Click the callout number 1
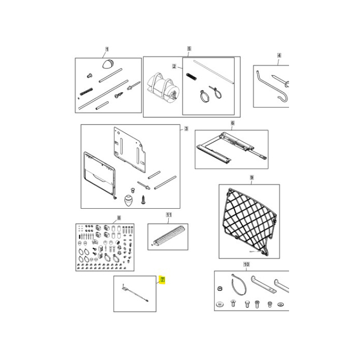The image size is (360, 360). [107, 49]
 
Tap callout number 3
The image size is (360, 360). [186, 129]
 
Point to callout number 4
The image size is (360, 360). [279, 55]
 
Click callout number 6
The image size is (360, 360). [232, 123]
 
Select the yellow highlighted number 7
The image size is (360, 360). [162, 280]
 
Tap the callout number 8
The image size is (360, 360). [119, 218]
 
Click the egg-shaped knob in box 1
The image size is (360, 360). [108, 64]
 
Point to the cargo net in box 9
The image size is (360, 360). [248, 219]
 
